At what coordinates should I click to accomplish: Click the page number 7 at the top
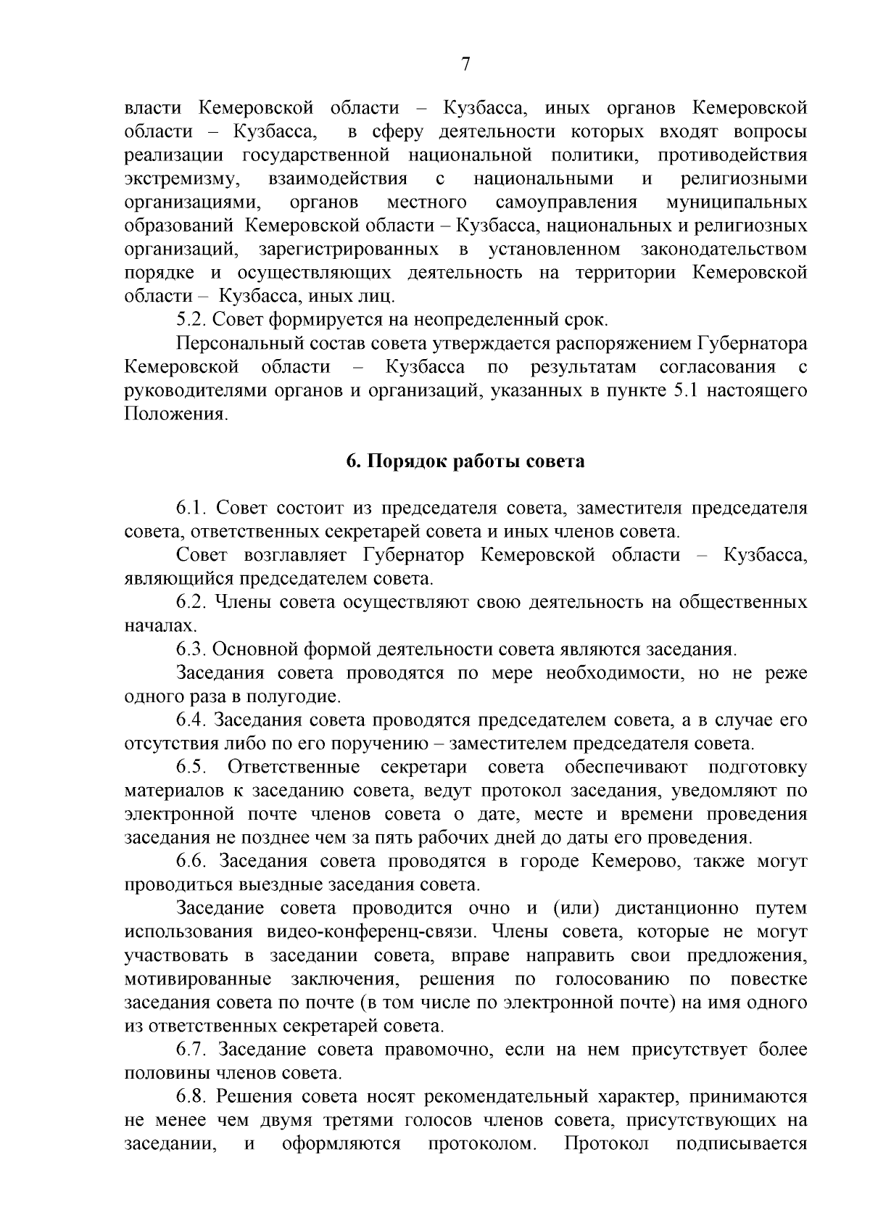(x=465, y=65)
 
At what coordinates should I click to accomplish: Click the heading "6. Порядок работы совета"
(x=465, y=461)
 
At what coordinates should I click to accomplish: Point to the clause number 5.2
(x=191, y=319)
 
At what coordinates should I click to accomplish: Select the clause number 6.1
(x=191, y=508)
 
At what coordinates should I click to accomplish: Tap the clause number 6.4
(x=191, y=720)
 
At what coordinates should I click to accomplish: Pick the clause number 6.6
(x=191, y=862)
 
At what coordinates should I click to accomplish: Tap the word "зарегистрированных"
(x=348, y=249)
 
